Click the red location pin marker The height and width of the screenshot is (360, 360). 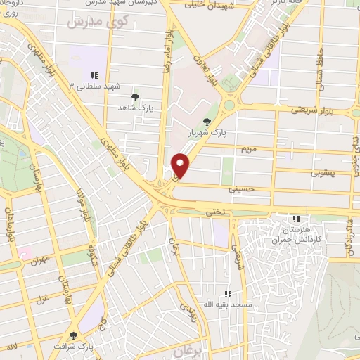tap(181, 166)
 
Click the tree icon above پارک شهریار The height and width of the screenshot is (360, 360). tap(206, 121)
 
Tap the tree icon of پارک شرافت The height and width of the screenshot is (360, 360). tap(73, 335)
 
